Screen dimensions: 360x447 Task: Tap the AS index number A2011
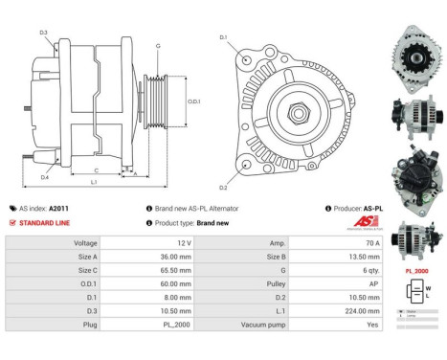coord(59,208)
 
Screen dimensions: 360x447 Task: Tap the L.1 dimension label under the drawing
coord(94,182)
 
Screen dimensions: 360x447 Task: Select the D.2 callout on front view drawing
coord(223,187)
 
